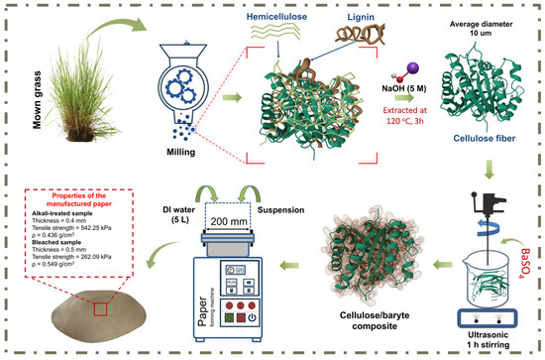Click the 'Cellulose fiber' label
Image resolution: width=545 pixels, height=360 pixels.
(485, 139)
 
